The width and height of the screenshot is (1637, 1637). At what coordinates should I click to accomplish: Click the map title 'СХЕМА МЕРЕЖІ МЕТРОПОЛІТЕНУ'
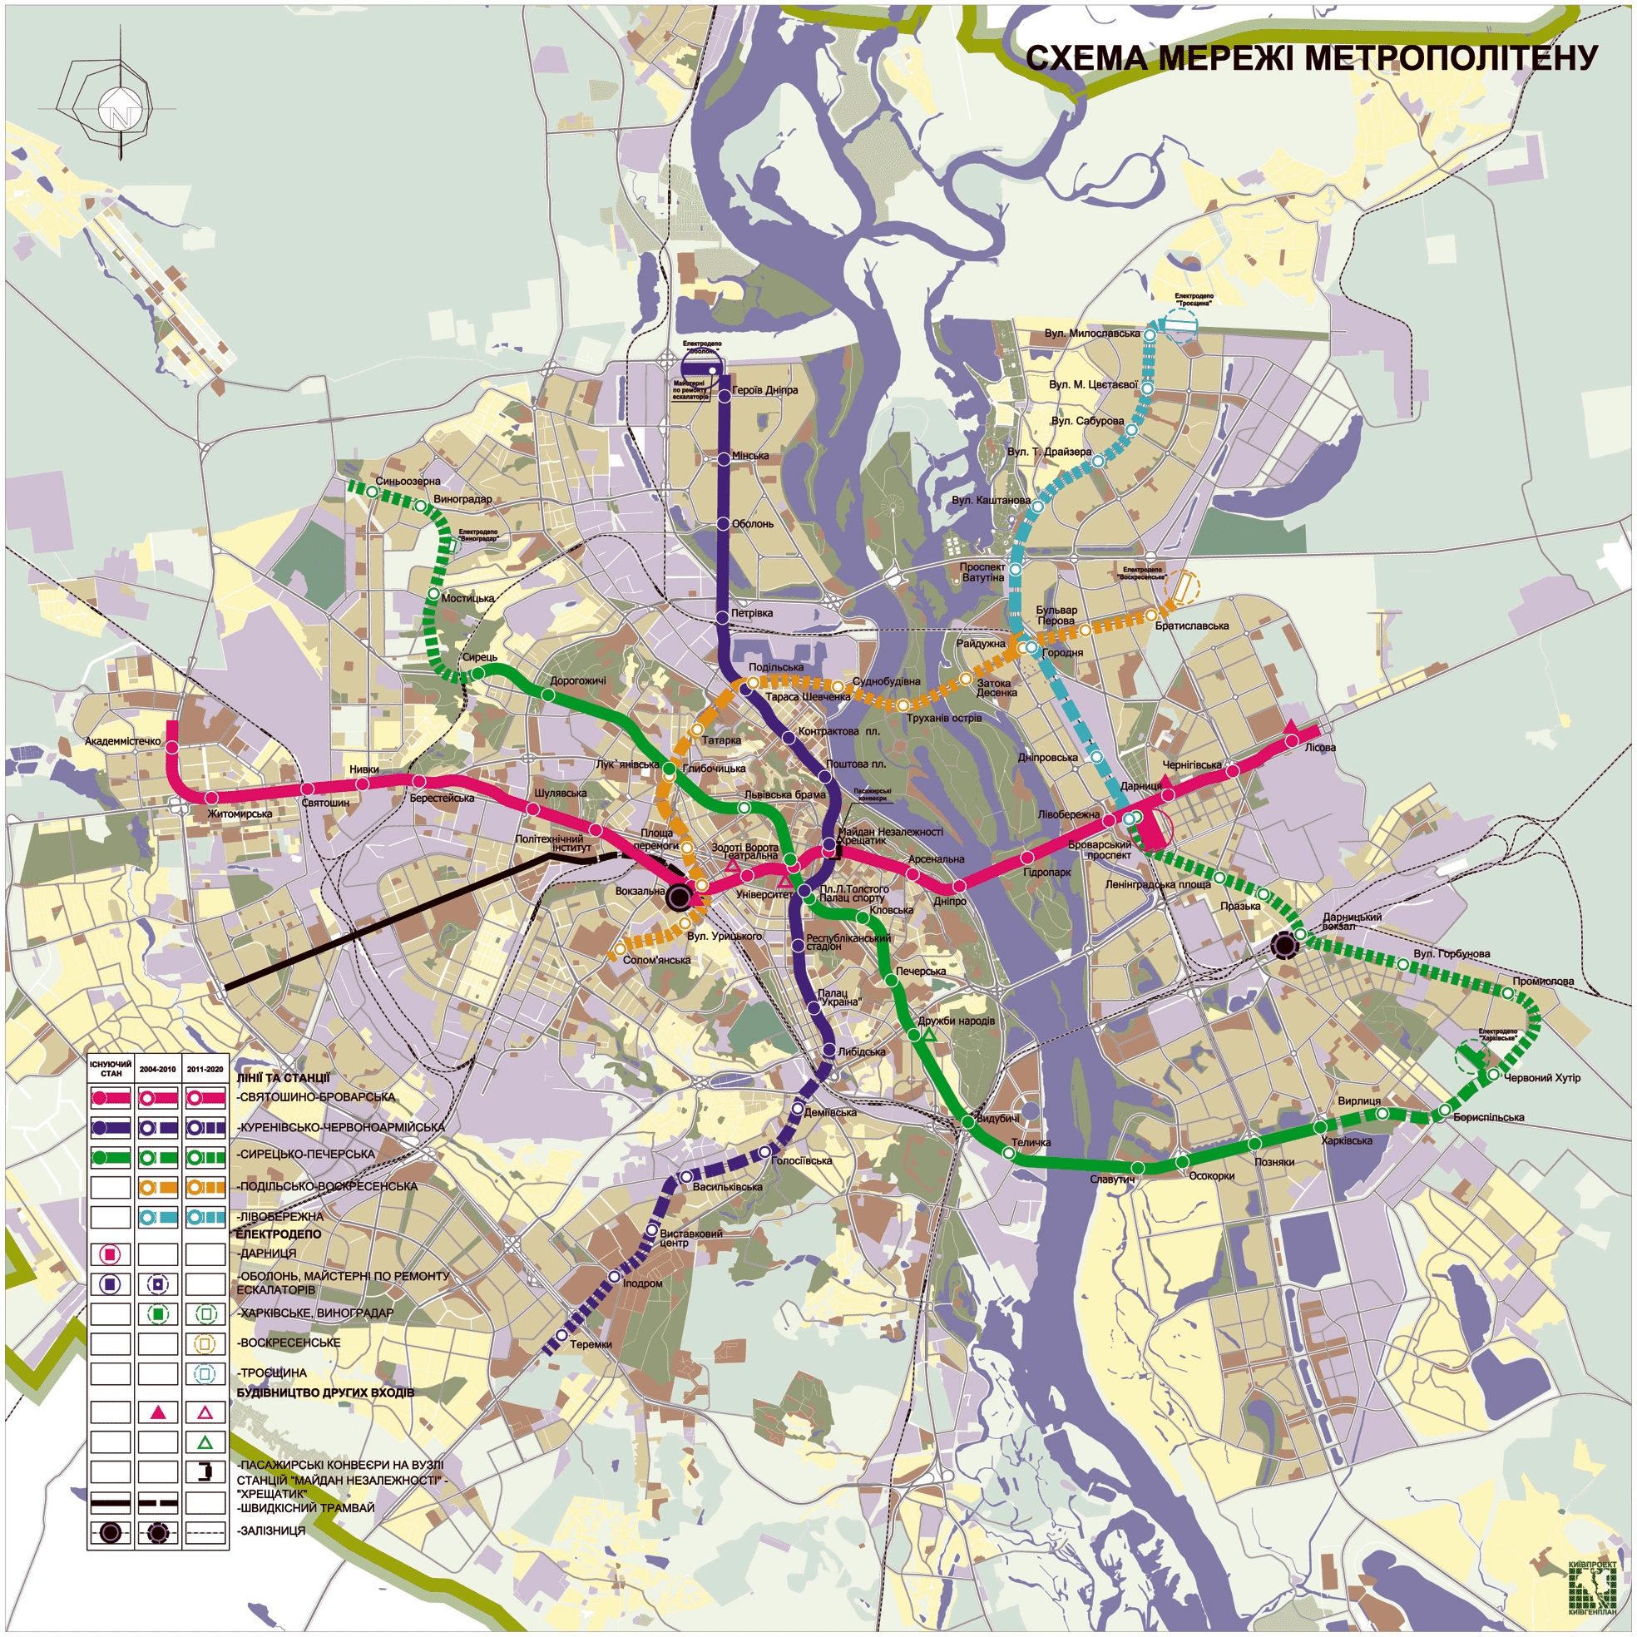(1312, 58)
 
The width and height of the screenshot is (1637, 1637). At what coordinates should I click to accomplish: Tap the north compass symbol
(116, 108)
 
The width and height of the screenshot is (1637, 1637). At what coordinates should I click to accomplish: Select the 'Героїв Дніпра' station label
(764, 391)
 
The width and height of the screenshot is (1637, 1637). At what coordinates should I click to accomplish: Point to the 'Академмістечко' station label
(123, 741)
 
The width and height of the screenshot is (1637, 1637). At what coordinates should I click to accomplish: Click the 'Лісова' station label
(1320, 748)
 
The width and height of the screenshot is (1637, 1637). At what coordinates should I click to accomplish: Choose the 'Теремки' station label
(591, 1345)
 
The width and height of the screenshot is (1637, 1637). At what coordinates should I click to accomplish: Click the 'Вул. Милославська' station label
(1091, 333)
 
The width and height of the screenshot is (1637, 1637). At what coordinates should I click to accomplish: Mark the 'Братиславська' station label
(1191, 626)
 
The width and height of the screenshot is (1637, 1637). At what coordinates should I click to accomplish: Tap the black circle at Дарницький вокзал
(1284, 945)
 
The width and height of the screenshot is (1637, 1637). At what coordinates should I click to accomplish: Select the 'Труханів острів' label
(943, 719)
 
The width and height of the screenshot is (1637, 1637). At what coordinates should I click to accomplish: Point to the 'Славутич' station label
(1112, 1179)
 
